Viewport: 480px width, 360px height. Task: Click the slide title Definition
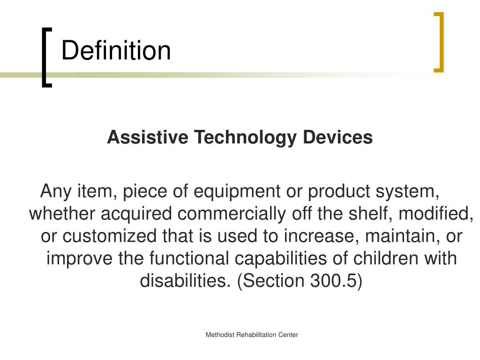point(116,51)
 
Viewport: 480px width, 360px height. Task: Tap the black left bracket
point(45,57)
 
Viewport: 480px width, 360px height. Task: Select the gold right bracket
point(440,42)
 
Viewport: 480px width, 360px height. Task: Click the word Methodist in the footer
point(220,335)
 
